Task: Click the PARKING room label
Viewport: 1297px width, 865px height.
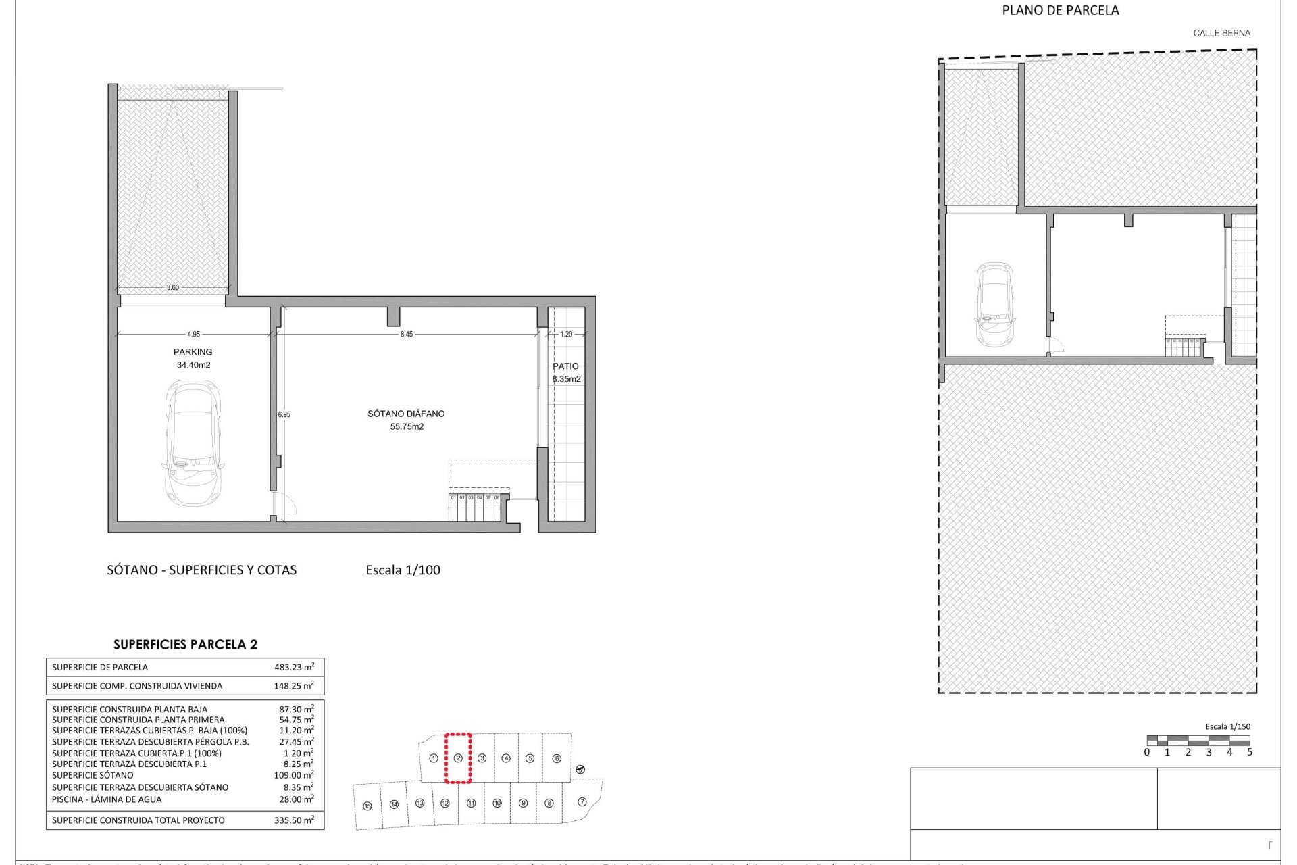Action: point(193,352)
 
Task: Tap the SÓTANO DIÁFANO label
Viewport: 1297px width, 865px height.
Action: point(406,414)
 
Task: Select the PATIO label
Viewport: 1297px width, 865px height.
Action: point(565,366)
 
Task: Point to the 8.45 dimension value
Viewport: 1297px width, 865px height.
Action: point(406,335)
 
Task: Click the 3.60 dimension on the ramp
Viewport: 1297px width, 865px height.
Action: point(173,287)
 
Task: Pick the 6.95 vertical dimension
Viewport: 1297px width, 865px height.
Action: point(284,414)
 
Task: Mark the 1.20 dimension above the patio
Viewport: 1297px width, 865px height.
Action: point(566,335)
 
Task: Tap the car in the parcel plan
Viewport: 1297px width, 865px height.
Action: point(995,304)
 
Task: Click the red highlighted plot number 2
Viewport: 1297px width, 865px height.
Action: point(458,758)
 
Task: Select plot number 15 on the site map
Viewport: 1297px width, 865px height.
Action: point(367,806)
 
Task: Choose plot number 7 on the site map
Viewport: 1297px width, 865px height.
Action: point(582,802)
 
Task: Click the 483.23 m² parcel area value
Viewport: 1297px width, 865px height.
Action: point(294,667)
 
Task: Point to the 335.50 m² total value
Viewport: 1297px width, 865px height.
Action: point(294,820)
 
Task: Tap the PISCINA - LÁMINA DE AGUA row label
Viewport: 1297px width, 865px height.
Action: point(107,799)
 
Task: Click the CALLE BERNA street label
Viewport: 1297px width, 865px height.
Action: point(1221,33)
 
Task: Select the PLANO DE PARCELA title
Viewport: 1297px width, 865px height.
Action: point(1060,10)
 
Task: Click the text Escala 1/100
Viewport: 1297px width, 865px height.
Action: point(403,570)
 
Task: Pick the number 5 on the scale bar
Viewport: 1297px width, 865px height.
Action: point(1250,752)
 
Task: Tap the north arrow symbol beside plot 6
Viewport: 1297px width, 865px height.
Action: point(580,770)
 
